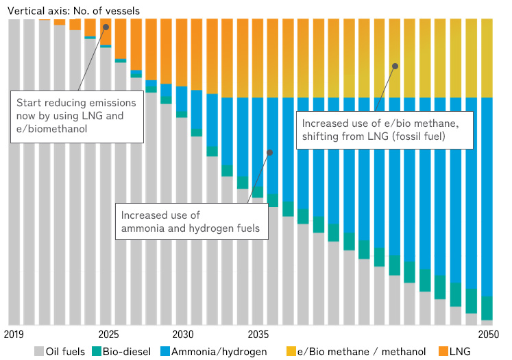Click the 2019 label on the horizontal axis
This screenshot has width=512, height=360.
tap(14, 335)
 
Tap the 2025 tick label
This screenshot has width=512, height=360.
tap(108, 335)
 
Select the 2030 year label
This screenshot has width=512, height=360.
tap(182, 335)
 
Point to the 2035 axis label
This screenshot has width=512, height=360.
tap(258, 335)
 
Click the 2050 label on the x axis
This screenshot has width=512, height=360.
tap(487, 335)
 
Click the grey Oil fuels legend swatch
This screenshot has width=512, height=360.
tap(39, 352)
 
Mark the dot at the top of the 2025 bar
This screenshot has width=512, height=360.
tap(106, 27)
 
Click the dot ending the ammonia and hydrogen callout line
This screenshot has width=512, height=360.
tap(269, 152)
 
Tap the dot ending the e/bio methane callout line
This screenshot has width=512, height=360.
tap(395, 66)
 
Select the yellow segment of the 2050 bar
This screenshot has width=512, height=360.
tap(487, 58)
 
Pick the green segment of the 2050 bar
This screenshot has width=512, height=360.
tap(487, 307)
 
